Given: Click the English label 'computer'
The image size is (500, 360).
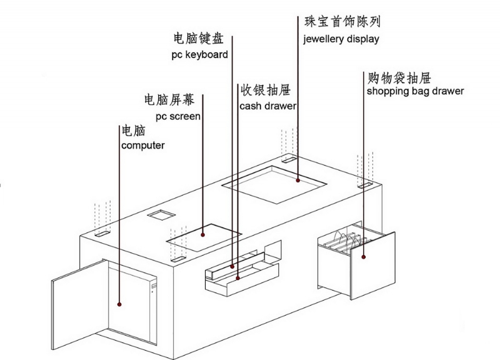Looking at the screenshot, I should pyautogui.click(x=142, y=146).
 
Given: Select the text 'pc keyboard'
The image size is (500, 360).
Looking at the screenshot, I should pyautogui.click(x=199, y=55).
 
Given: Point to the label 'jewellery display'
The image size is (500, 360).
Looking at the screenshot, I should pyautogui.click(x=341, y=39).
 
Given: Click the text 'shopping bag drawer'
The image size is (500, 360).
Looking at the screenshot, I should pyautogui.click(x=415, y=91).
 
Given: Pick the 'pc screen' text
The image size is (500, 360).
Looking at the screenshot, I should pyautogui.click(x=177, y=116).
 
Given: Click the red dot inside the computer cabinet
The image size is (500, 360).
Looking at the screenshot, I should pyautogui.click(x=119, y=304).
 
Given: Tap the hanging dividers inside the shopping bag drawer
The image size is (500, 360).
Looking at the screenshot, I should pyautogui.click(x=345, y=242).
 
